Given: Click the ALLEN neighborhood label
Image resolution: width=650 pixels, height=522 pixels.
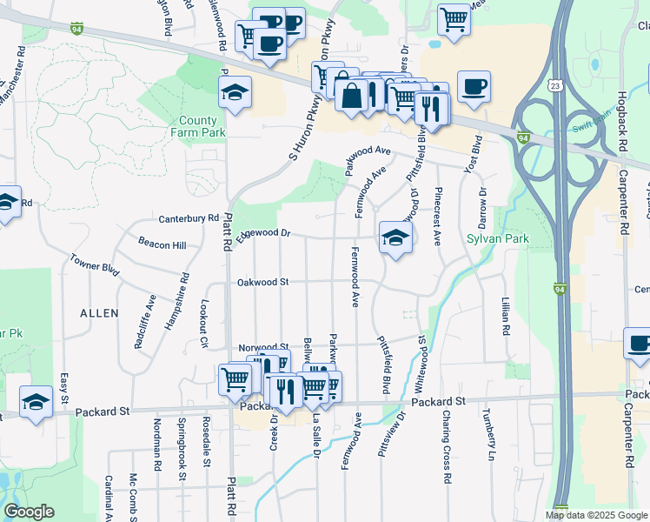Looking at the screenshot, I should [98, 311].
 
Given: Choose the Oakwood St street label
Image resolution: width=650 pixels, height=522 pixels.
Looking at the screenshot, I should [262, 282].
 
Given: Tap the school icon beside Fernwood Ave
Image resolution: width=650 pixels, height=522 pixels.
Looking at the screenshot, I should [395, 238].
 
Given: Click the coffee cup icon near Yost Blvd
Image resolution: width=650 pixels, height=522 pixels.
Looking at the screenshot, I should [474, 87].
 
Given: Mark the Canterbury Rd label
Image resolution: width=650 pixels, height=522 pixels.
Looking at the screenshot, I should [188, 217].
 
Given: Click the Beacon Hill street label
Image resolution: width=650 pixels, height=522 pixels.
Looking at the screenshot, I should [162, 245].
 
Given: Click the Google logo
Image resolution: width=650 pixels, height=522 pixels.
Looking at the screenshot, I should [29, 512].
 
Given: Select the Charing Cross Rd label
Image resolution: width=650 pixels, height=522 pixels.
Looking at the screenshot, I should [446, 446].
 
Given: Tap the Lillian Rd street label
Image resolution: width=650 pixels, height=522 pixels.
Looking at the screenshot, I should [505, 317].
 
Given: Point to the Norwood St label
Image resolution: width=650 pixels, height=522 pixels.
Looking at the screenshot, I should [263, 346].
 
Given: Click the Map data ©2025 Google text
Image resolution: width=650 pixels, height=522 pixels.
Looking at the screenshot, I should [596, 515].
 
